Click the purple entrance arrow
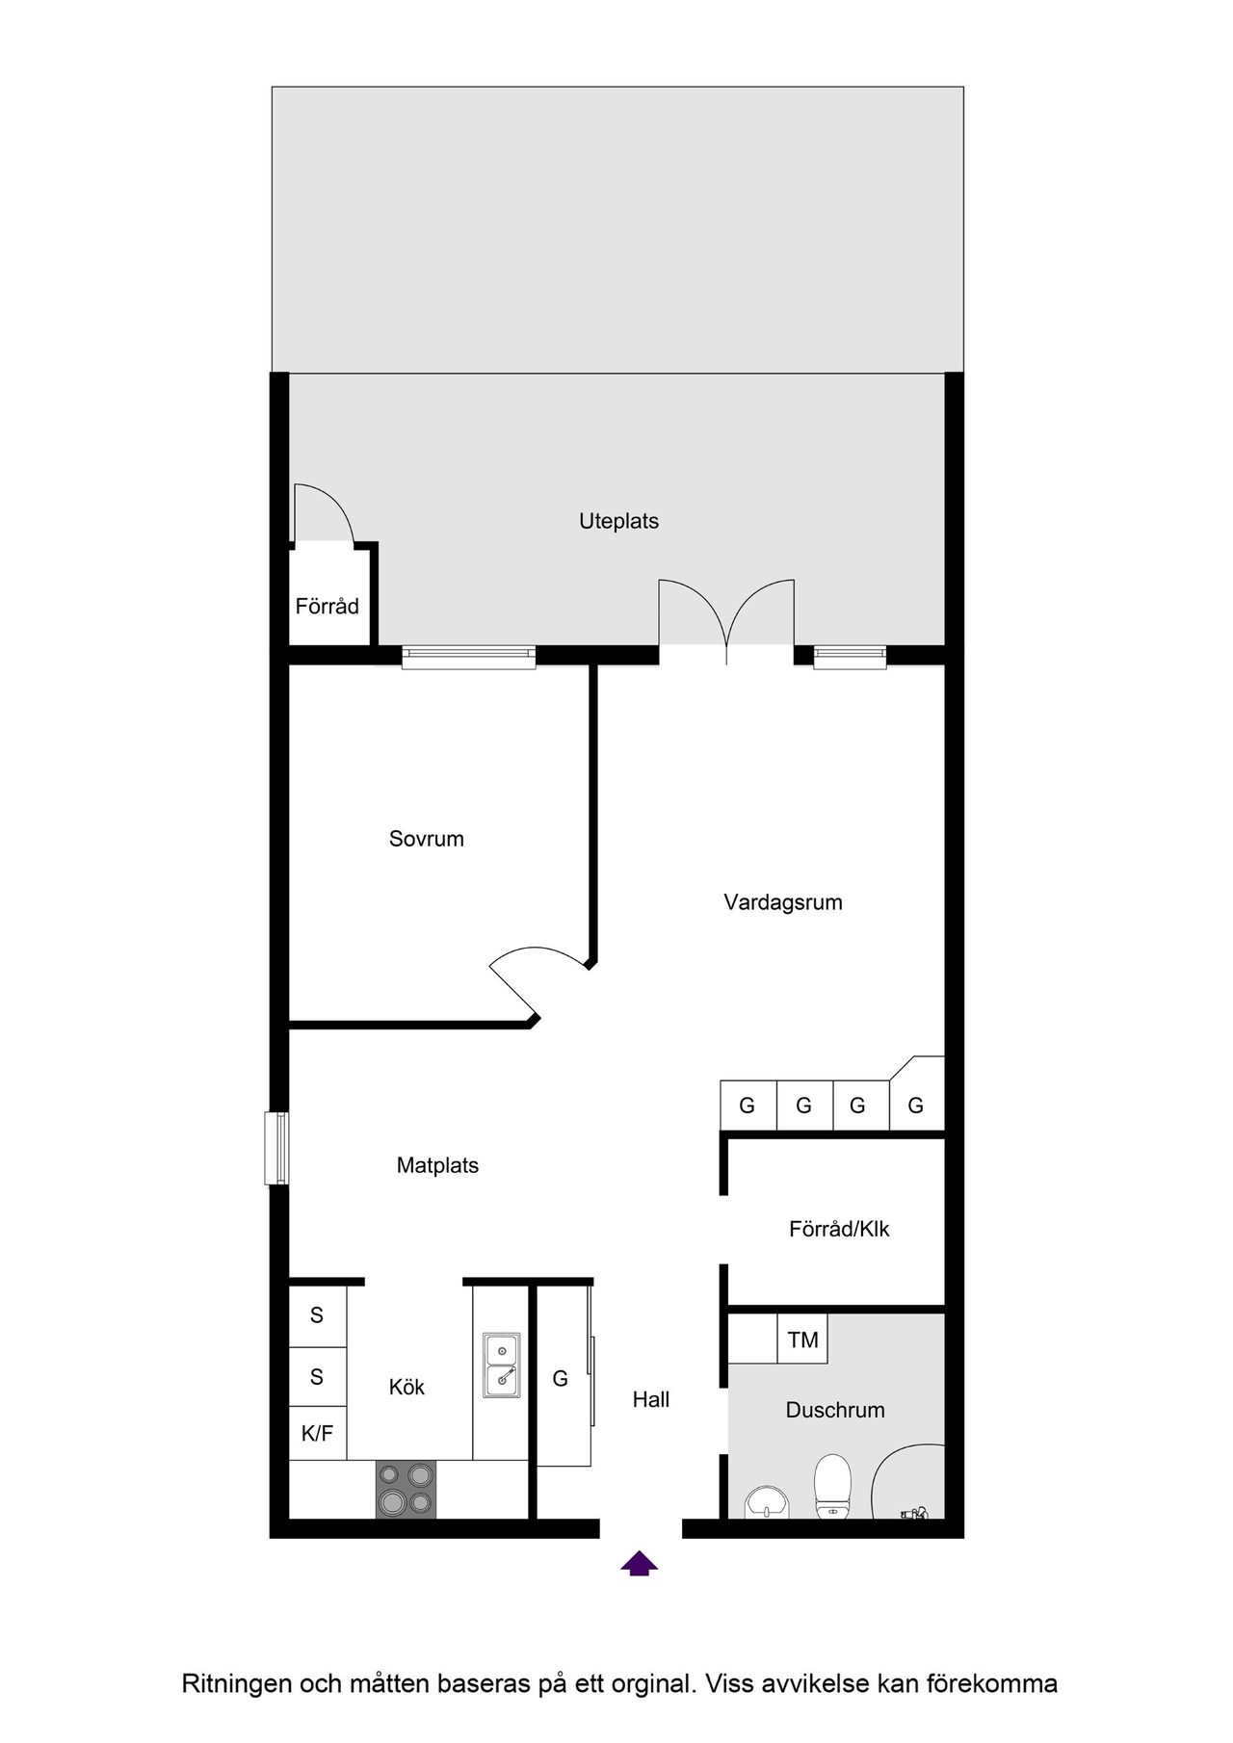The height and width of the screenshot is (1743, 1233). (639, 1563)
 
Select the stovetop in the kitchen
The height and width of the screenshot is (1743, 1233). (405, 1489)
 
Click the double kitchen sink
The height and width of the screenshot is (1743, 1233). (501, 1365)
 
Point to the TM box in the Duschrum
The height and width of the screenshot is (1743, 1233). (802, 1340)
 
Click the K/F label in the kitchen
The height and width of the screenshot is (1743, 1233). (317, 1434)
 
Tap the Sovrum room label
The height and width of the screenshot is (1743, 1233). (427, 839)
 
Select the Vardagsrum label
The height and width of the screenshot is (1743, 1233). (783, 902)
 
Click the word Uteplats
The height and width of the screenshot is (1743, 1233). (618, 521)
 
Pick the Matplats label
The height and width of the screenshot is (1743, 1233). (437, 1165)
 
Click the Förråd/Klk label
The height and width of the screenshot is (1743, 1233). (839, 1229)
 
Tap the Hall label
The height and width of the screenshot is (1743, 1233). (651, 1400)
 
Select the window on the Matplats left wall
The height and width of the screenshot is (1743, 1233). (276, 1148)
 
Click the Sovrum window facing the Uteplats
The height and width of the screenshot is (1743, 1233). (468, 657)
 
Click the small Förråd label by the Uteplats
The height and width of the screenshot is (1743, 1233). (328, 607)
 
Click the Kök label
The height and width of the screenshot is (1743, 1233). (407, 1388)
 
